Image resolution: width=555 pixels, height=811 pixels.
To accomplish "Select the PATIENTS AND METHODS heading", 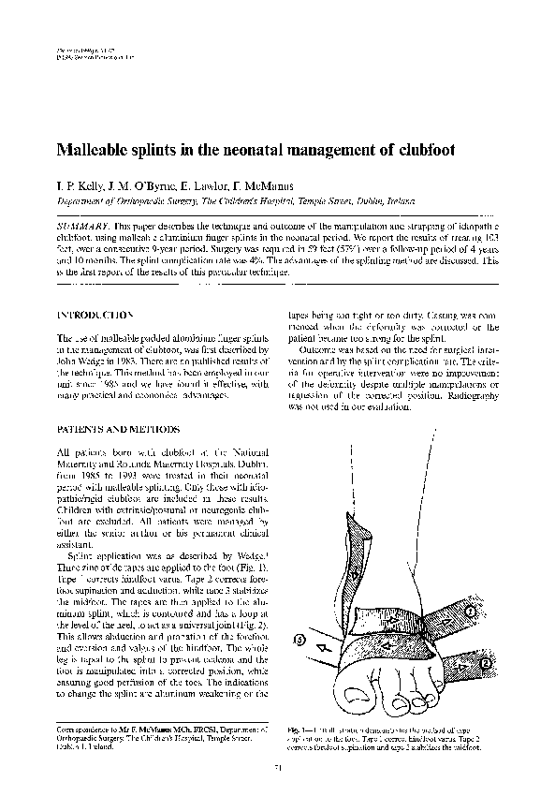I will click(x=104, y=429).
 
